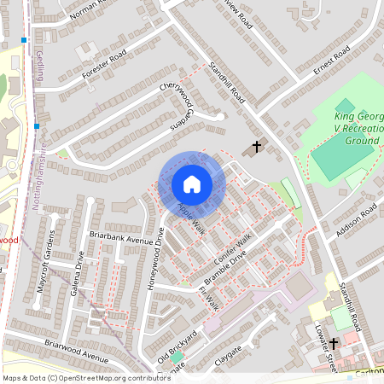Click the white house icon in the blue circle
click(192, 184)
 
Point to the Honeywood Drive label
click(157, 264)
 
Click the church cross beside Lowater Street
click(334, 343)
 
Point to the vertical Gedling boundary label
click(40, 64)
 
